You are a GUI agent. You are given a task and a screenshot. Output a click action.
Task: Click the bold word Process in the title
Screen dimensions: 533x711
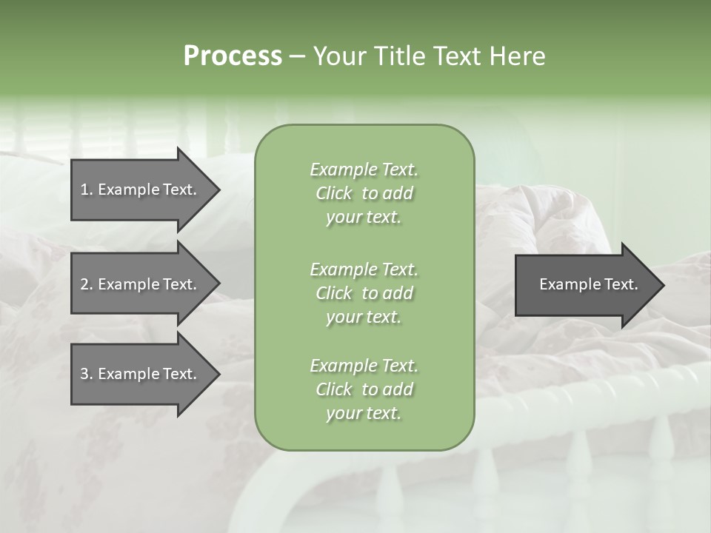click(233, 56)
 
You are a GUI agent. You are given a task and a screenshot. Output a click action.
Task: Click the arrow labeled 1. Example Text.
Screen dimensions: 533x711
click(141, 190)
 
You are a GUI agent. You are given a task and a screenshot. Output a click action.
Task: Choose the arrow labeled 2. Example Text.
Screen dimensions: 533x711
click(141, 284)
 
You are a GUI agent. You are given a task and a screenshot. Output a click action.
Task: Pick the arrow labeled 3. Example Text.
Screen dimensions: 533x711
click(141, 374)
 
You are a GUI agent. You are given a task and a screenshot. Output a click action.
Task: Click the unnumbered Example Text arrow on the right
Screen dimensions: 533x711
click(585, 285)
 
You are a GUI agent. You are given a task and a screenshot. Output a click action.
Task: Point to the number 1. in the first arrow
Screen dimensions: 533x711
click(87, 190)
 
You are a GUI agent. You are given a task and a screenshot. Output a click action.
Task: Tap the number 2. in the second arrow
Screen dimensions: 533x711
click(87, 285)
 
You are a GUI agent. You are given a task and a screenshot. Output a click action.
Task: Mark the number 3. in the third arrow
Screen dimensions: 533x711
click(87, 375)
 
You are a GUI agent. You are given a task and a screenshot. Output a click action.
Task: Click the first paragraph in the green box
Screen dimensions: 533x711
click(364, 193)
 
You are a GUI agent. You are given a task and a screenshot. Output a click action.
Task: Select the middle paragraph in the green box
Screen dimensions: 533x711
click(364, 293)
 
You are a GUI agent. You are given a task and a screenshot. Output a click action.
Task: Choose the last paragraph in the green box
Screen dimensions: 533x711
click(364, 389)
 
